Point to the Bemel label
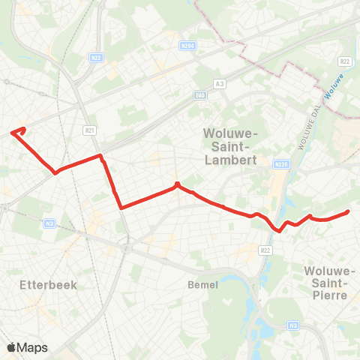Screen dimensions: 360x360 tap(203, 285)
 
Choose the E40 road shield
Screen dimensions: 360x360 tap(200, 96)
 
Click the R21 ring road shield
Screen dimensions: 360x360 tap(90, 130)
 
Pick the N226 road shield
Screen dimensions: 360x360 tap(282, 163)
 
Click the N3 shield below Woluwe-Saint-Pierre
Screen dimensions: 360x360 tap(294, 325)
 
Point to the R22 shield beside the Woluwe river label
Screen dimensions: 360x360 tap(345, 61)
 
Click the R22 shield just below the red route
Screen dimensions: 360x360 tap(265, 250)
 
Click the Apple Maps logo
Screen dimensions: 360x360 tap(27, 347)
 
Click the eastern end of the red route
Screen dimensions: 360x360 tap(348, 212)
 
